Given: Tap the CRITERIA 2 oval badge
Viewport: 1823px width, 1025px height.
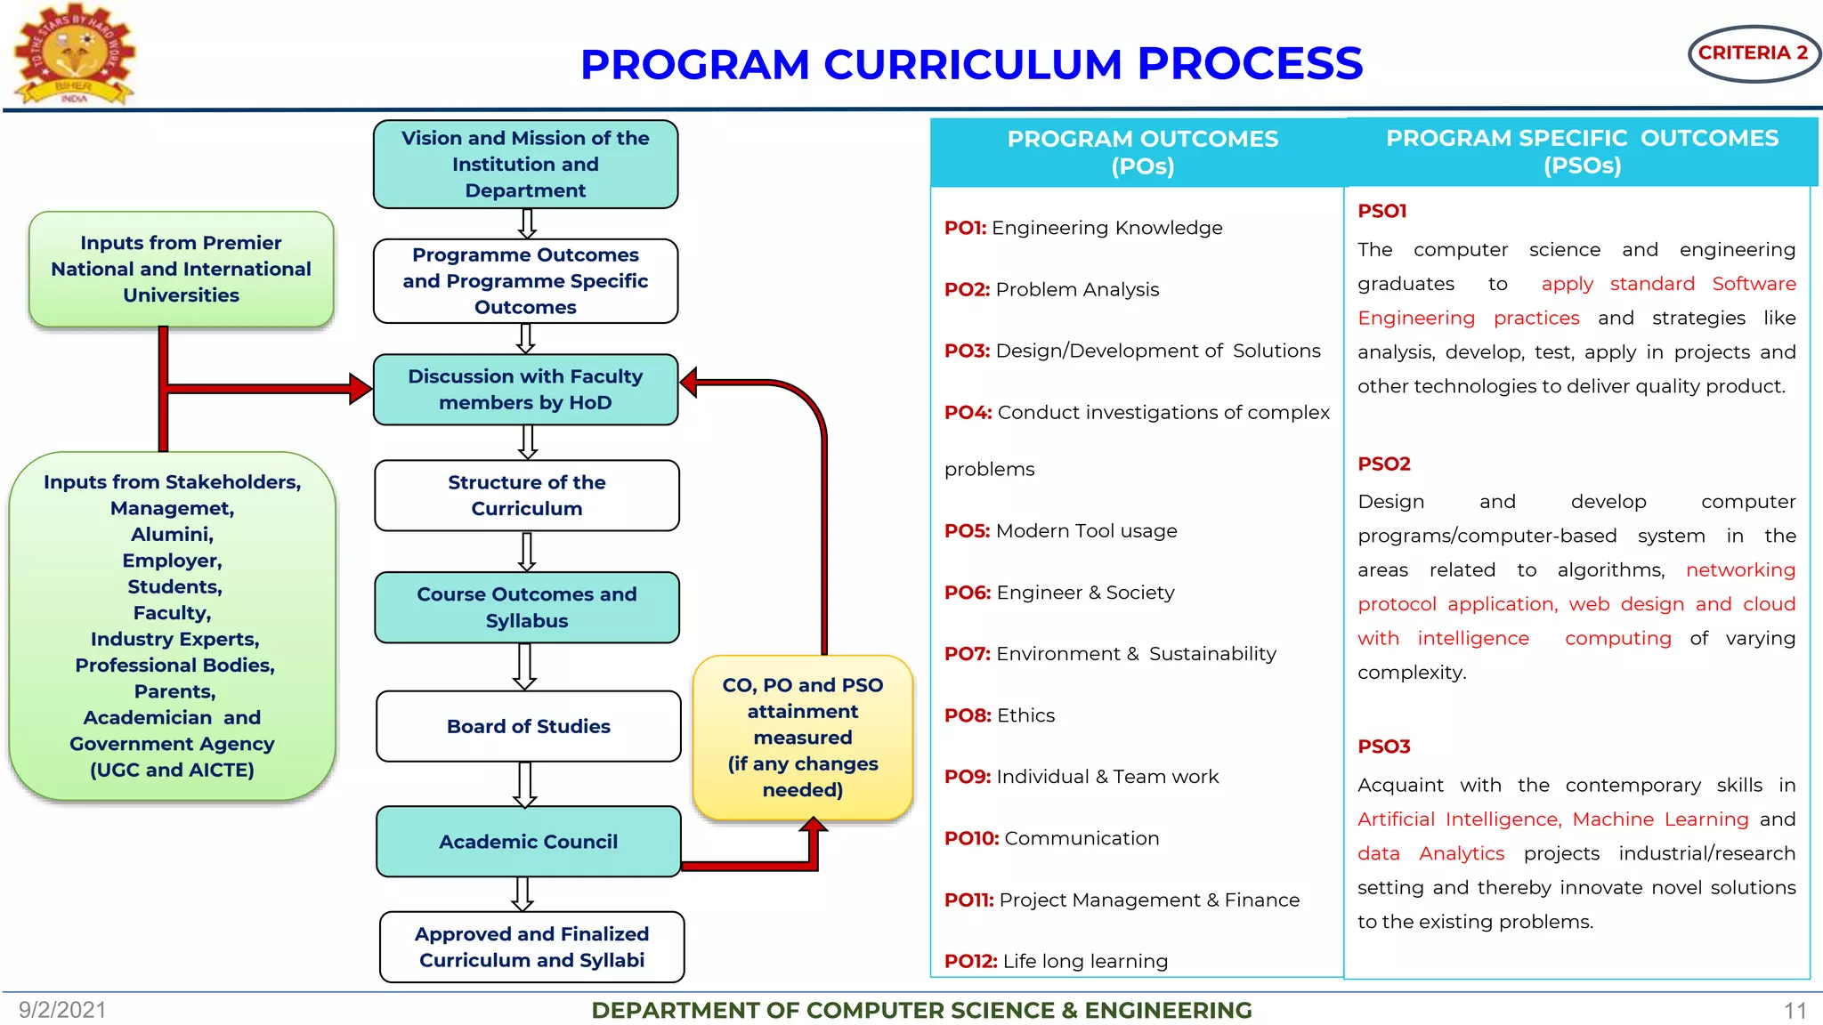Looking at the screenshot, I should [1753, 53].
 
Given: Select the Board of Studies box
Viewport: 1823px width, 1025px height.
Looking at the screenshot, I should [528, 726].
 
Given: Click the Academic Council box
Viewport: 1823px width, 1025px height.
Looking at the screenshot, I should [528, 842].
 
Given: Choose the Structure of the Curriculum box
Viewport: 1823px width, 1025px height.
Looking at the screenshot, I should [527, 496].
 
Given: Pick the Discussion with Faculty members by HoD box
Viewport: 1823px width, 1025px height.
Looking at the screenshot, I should [525, 390].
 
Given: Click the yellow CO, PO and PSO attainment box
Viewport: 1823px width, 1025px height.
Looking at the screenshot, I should [802, 738].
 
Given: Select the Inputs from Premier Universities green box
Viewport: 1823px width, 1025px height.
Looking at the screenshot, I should [181, 269].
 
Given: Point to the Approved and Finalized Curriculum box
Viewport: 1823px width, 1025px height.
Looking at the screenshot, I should [531, 947].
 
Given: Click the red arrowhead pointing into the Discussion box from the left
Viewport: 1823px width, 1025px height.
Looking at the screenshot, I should [361, 389].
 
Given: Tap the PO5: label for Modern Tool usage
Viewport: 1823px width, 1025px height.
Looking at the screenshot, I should [967, 531].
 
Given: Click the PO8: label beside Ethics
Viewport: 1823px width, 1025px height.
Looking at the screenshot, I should [968, 715].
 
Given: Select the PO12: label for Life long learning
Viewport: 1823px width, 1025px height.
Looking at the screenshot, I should [970, 961].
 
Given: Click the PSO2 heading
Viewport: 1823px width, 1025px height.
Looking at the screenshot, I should [1383, 464].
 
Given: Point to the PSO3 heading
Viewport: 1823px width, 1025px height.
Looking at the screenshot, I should [1383, 747].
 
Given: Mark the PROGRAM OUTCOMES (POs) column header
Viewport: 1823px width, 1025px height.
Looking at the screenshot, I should [1142, 152].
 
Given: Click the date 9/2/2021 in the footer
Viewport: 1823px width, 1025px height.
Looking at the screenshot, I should [62, 1010].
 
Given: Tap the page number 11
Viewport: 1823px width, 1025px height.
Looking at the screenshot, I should [1795, 1011].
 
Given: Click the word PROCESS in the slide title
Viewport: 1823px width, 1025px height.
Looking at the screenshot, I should [1250, 64].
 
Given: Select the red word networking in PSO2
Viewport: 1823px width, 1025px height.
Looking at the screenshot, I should [1739, 570].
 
